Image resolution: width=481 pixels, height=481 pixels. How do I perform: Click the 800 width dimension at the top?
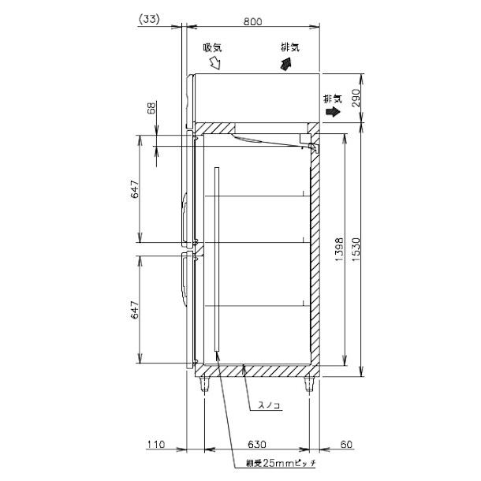coord(252,22)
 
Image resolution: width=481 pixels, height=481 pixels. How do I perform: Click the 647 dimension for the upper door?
coord(135,190)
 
